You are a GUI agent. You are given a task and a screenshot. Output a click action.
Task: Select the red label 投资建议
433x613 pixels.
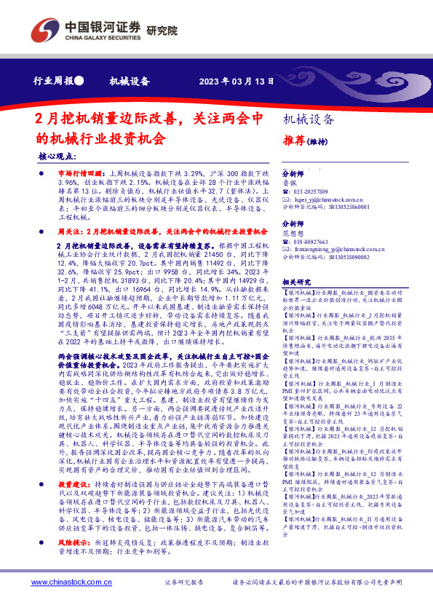71,503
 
